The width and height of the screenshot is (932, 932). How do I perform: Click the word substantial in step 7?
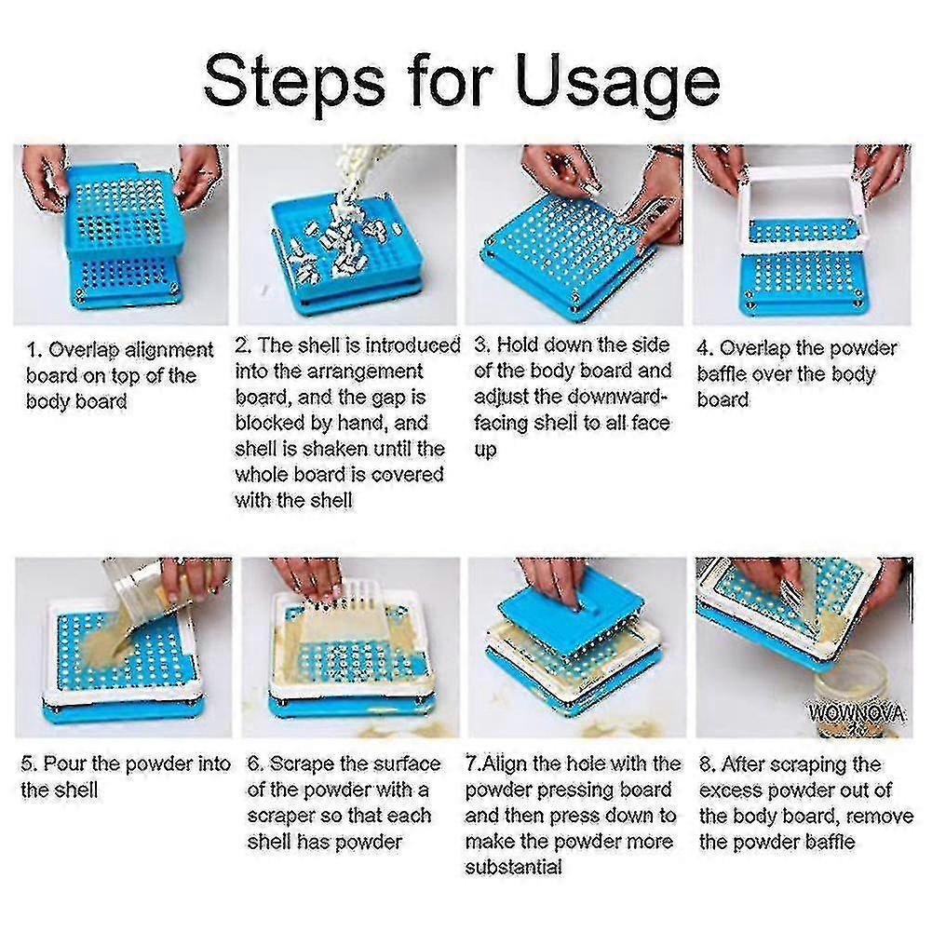514,868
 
